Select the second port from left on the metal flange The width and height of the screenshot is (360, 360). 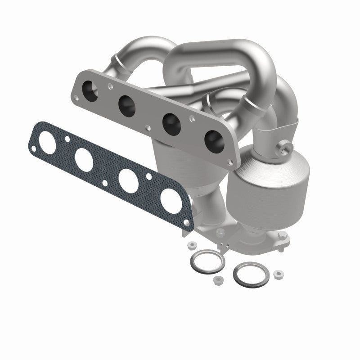click(128, 104)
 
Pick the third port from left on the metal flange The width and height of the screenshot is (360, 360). click(171, 121)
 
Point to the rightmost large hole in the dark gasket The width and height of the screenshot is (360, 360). click(173, 199)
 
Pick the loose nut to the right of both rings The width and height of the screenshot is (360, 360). click(278, 273)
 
